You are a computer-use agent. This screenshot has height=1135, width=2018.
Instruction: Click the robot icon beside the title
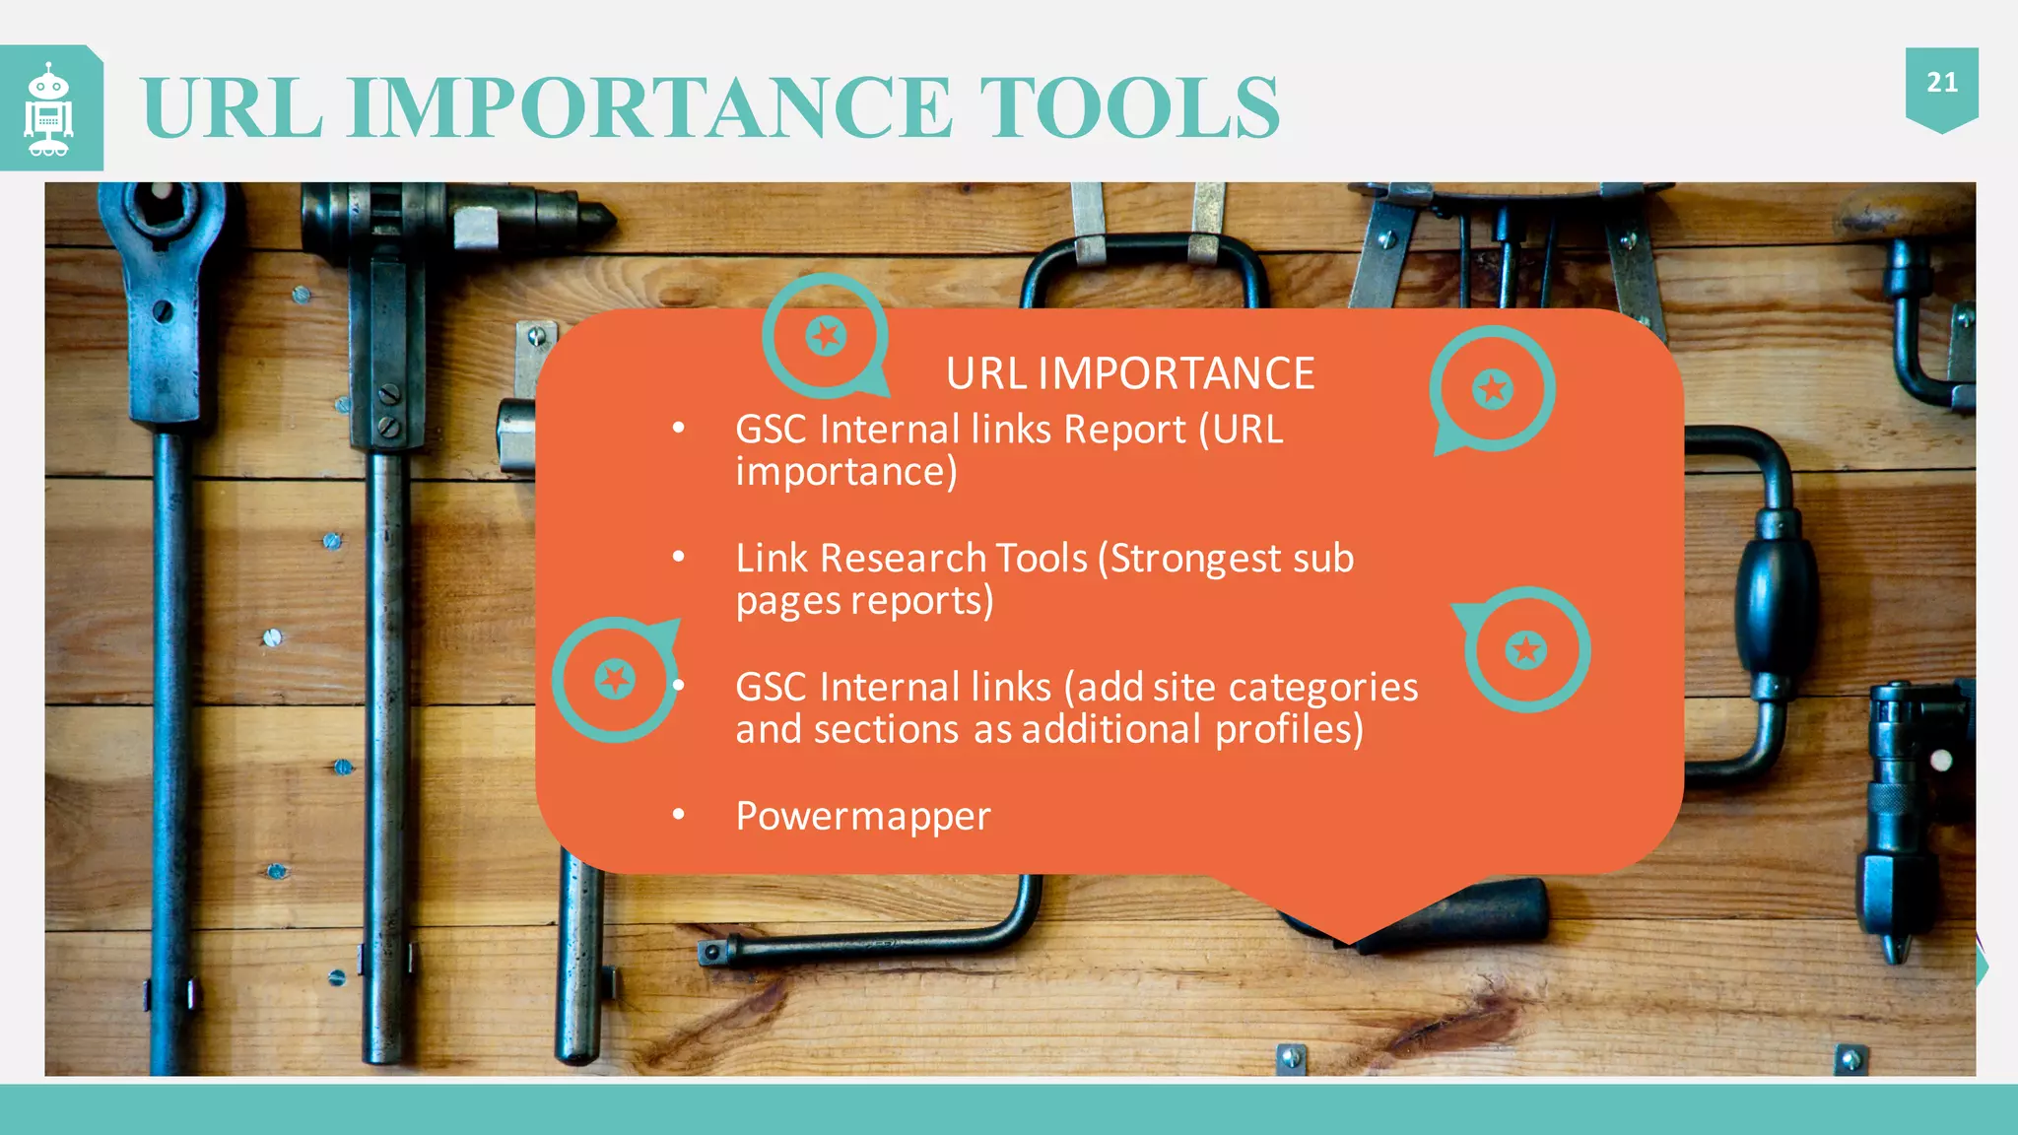click(48, 109)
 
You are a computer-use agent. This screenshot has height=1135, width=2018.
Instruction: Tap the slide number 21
click(1941, 83)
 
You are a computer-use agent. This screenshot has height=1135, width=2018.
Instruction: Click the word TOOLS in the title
click(1129, 107)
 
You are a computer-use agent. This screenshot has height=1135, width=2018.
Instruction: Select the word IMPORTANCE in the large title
click(650, 107)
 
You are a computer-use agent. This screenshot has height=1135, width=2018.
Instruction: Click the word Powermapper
click(863, 817)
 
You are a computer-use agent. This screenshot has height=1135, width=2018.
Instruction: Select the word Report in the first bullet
click(1125, 431)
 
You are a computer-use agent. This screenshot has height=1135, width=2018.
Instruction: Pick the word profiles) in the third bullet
click(1289, 730)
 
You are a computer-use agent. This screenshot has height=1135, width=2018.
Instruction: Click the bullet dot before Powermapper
click(678, 815)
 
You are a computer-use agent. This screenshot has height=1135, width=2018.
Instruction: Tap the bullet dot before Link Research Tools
click(678, 557)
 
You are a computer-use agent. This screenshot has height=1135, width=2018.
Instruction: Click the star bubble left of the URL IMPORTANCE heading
click(826, 336)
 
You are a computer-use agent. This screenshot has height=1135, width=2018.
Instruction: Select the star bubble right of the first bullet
click(1492, 389)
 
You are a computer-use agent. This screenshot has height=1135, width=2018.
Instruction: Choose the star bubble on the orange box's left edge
click(615, 679)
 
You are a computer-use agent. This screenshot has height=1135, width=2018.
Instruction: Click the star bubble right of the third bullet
click(1526, 649)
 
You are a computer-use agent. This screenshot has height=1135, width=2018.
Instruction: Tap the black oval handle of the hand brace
click(1775, 591)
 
